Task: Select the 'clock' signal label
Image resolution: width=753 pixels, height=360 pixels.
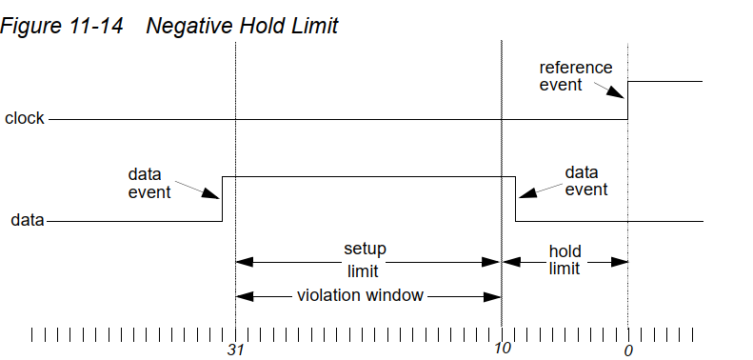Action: (25, 119)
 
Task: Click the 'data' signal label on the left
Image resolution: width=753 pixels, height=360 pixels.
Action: (28, 220)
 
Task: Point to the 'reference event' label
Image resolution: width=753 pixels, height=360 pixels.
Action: (576, 76)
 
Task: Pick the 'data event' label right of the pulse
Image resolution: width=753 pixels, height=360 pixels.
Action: (585, 181)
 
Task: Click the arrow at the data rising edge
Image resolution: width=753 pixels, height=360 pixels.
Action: (210, 190)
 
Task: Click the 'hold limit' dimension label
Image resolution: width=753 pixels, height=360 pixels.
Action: (565, 260)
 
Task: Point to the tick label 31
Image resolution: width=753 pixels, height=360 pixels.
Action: (235, 350)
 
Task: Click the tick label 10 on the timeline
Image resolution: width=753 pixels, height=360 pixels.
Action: (502, 350)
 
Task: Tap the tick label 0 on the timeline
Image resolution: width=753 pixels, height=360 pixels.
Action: (628, 350)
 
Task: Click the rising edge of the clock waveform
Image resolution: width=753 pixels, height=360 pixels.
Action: (627, 100)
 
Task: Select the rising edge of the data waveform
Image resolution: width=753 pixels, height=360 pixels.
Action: (223, 198)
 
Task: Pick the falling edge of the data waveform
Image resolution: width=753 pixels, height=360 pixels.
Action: (515, 198)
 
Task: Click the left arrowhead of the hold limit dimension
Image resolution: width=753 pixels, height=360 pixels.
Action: (509, 260)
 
